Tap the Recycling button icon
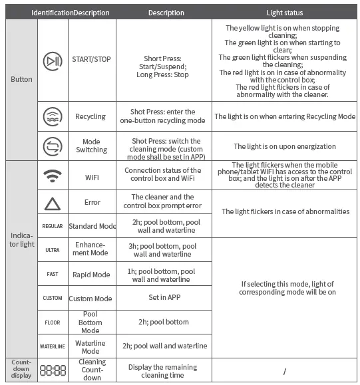[53, 116]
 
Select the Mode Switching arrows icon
[53, 146]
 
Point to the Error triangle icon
[53, 201]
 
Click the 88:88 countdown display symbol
[53, 370]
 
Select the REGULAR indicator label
[53, 226]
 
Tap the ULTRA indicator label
[53, 250]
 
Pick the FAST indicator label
[53, 274]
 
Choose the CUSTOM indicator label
[53, 298]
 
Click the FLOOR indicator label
[53, 322]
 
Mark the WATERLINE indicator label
[53, 346]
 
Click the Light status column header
[284, 13]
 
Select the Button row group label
[21, 80]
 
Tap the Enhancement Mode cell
[91, 250]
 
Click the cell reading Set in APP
[164, 298]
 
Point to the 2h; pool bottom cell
[164, 322]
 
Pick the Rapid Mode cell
[91, 275]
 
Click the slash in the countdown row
[284, 371]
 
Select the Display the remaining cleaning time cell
[164, 371]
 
